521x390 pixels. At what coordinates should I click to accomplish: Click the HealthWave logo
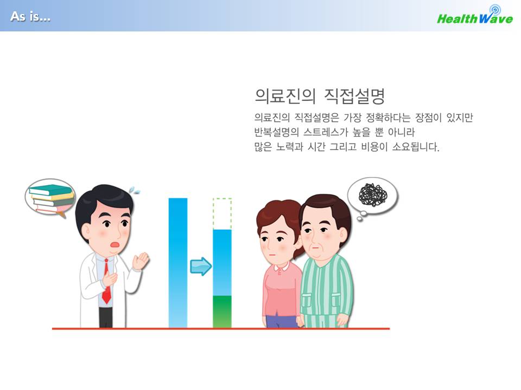[x=475, y=15]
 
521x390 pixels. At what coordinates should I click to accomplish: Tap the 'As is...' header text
[x=30, y=16]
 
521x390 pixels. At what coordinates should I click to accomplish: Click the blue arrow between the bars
[x=201, y=266]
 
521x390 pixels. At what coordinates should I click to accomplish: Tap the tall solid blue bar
[x=178, y=263]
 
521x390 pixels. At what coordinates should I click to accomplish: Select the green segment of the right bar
[x=222, y=312]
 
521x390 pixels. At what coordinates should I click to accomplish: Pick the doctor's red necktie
[x=106, y=281]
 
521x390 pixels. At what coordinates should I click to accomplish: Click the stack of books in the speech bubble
[x=52, y=199]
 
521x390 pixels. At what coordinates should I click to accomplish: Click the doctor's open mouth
[x=115, y=245]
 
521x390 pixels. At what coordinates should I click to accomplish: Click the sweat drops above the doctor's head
[x=134, y=190]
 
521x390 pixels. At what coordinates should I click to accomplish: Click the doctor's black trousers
[x=106, y=317]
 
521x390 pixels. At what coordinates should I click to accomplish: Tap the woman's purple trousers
[x=281, y=321]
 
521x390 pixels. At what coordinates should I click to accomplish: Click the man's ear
[x=343, y=237]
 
